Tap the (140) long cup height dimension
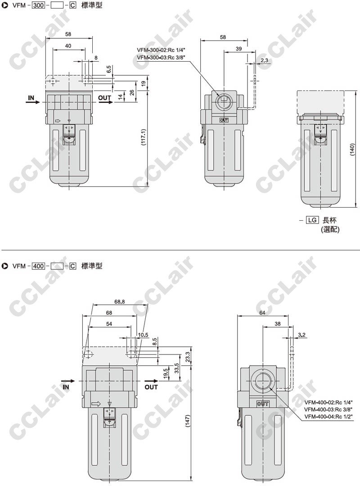(352, 150)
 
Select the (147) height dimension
(188, 421)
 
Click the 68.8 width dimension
(119, 302)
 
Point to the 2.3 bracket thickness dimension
(264, 60)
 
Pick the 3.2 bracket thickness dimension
(302, 335)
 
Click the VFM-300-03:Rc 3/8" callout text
(161, 57)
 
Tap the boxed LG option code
(312, 220)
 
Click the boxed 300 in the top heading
(38, 5)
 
